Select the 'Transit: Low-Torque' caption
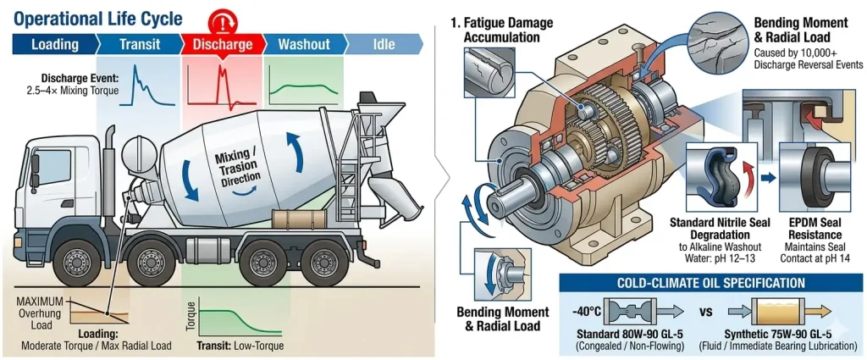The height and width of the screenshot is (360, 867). click(x=232, y=346)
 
